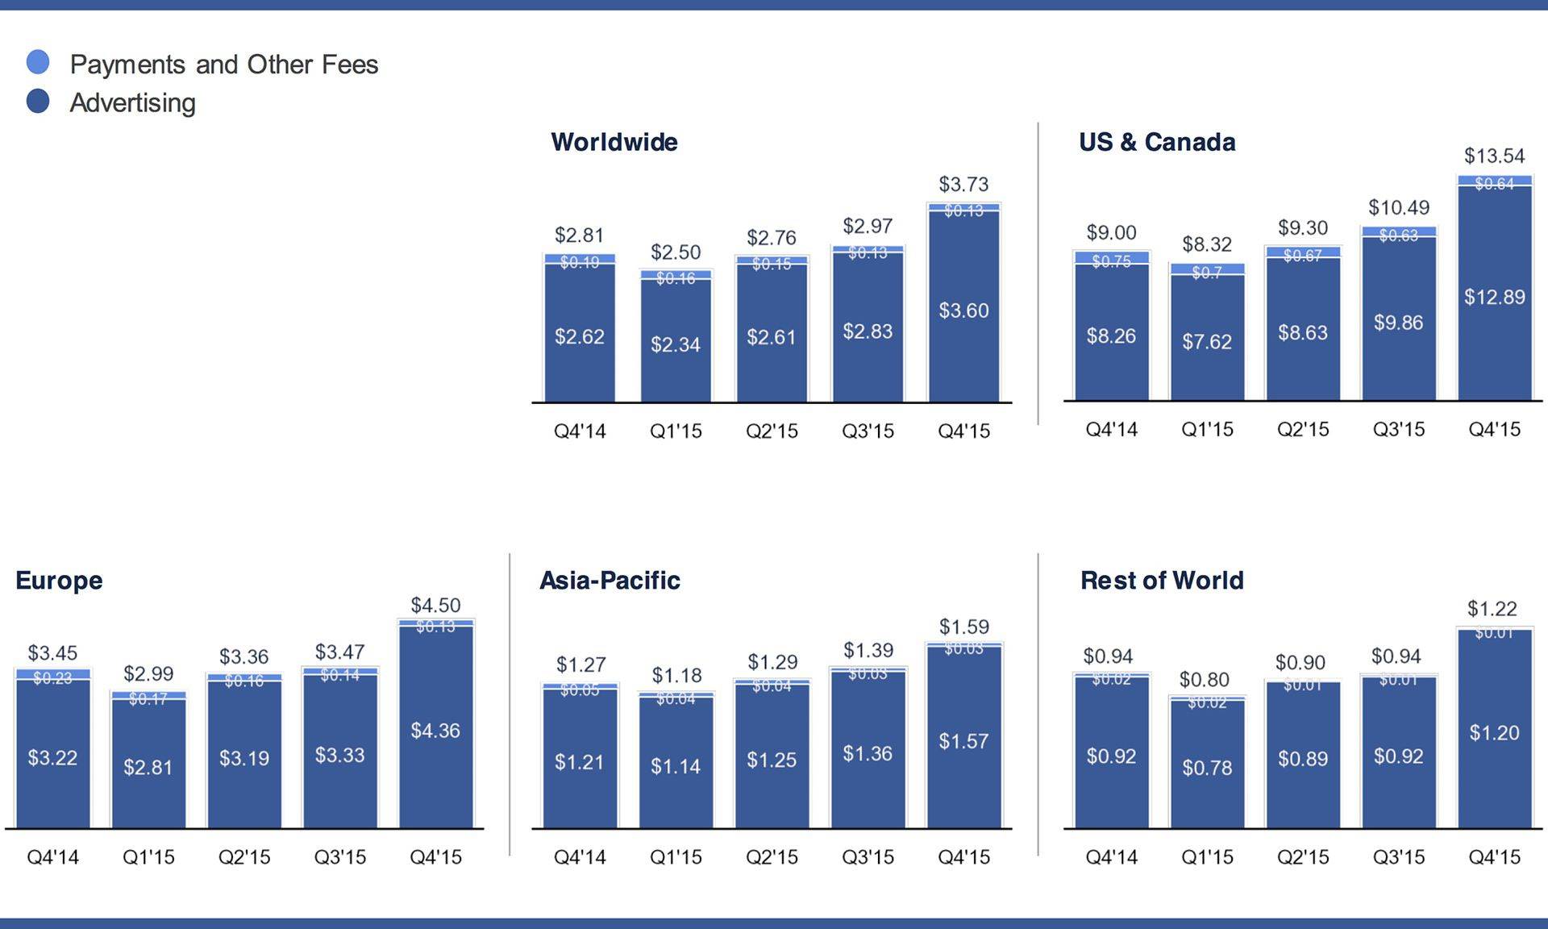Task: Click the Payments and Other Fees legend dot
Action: [38, 62]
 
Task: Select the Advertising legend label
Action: [133, 102]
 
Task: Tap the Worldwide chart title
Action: [614, 142]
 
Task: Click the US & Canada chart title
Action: [1157, 142]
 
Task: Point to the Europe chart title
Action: [59, 580]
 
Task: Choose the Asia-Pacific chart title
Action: [610, 580]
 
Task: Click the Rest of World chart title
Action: [1162, 580]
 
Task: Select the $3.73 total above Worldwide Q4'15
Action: [963, 184]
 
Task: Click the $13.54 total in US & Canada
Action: [1494, 156]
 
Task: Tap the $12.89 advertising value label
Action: [1494, 297]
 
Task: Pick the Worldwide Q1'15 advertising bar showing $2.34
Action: [676, 344]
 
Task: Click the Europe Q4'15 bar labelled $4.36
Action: [435, 731]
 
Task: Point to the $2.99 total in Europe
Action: [148, 673]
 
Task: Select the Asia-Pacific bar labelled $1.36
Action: [868, 753]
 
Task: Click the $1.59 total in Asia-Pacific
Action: [963, 627]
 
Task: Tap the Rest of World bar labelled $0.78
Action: [1207, 767]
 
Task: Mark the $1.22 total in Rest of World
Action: [1492, 609]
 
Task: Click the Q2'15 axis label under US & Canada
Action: [1303, 429]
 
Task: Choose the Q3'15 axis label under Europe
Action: [340, 856]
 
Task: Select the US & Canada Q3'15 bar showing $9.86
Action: [1398, 323]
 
